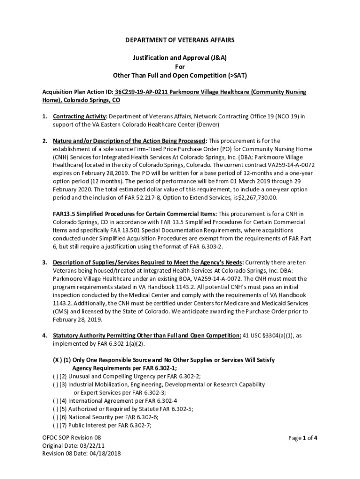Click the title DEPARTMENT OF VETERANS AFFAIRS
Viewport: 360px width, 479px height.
180,41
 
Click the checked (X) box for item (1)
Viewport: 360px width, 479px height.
56,360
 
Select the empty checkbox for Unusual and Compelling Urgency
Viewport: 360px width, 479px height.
55,376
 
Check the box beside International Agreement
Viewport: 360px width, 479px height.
55,400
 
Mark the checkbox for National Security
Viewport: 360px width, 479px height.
55,417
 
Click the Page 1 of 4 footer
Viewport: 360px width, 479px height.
303,438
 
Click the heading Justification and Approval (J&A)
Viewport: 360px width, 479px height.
180,58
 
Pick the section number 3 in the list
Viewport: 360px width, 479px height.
44,262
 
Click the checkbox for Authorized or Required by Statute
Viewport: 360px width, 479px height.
55,408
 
